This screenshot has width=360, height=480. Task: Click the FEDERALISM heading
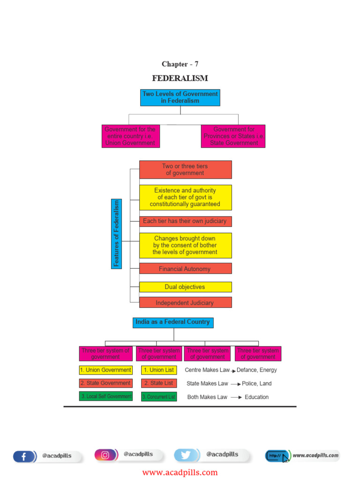click(x=180, y=78)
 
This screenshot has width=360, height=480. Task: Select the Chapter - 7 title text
click(x=180, y=64)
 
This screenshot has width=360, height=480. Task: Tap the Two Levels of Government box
click(x=180, y=97)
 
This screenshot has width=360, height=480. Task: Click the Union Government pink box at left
click(x=130, y=136)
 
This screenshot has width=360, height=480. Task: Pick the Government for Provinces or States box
click(x=233, y=136)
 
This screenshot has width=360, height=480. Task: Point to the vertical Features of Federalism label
click(x=116, y=233)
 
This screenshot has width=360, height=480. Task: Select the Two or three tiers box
click(x=185, y=170)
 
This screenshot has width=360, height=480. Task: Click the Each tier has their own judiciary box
click(x=185, y=221)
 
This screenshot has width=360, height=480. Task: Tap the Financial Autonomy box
click(x=185, y=269)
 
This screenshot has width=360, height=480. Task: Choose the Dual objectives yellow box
click(x=185, y=287)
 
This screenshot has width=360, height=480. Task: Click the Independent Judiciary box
click(x=185, y=302)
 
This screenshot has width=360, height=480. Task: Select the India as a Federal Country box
click(x=173, y=322)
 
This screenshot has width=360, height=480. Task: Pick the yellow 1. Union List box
click(x=158, y=370)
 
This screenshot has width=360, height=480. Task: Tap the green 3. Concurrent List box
click(x=158, y=397)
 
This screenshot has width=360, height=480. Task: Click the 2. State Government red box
click(x=105, y=383)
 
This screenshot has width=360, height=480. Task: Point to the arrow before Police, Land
click(x=235, y=383)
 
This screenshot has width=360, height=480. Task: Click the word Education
click(x=256, y=397)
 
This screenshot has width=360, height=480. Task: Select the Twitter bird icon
click(x=186, y=455)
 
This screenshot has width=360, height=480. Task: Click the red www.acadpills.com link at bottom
click(x=180, y=472)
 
